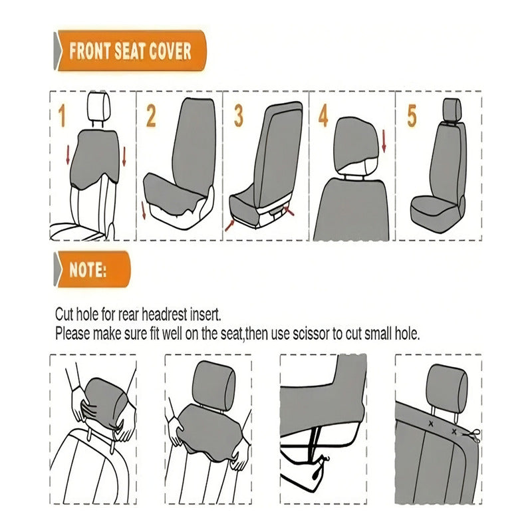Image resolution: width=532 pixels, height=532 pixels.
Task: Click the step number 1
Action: (62, 116)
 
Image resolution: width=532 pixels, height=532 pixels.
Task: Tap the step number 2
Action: (152, 116)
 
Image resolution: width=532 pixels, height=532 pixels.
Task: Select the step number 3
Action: (239, 116)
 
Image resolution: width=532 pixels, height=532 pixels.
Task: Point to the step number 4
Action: (323, 116)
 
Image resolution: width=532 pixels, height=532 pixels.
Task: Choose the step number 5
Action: (412, 116)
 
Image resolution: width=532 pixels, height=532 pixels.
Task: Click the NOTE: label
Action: (88, 270)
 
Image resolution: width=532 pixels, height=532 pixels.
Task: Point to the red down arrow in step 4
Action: (384, 141)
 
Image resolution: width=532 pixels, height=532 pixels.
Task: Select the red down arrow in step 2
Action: (144, 210)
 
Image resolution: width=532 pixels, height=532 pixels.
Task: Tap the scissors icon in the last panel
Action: (471, 436)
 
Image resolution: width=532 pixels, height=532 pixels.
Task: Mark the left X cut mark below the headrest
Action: (431, 424)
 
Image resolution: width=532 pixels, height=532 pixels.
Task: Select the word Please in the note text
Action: (72, 334)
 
